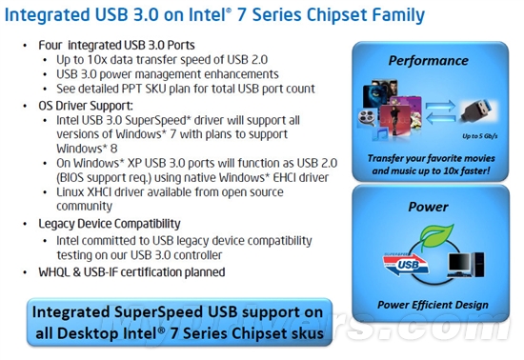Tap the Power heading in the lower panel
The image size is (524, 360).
click(428, 206)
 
